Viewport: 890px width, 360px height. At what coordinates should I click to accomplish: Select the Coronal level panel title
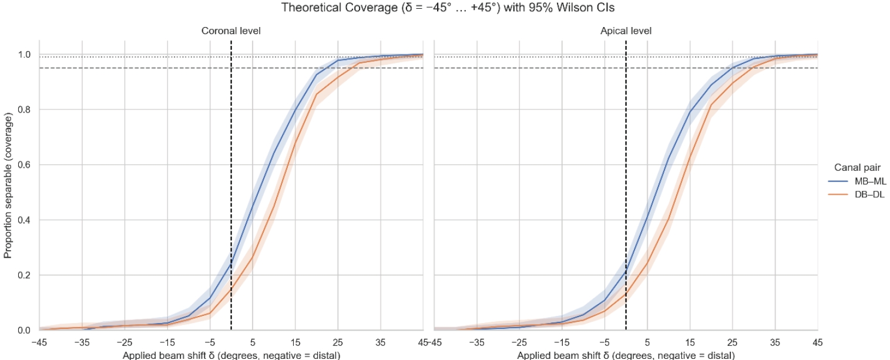(231, 31)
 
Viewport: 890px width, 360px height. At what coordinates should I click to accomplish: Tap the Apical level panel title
(626, 31)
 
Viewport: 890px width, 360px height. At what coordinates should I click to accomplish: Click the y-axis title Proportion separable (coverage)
(8, 185)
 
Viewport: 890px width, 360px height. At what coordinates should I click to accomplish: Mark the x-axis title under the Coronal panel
(231, 355)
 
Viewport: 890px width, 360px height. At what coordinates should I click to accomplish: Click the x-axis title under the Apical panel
(626, 355)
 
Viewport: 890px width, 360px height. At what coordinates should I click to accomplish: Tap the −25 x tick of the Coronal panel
(125, 342)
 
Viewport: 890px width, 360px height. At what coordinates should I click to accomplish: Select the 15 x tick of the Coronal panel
(295, 342)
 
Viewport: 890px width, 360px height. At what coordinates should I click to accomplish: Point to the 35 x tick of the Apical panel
(775, 342)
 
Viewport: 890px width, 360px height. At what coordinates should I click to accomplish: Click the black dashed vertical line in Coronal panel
(231, 176)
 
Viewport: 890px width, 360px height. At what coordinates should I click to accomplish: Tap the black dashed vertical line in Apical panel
(626, 176)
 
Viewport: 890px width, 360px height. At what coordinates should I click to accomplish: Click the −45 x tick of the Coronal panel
(39, 342)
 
